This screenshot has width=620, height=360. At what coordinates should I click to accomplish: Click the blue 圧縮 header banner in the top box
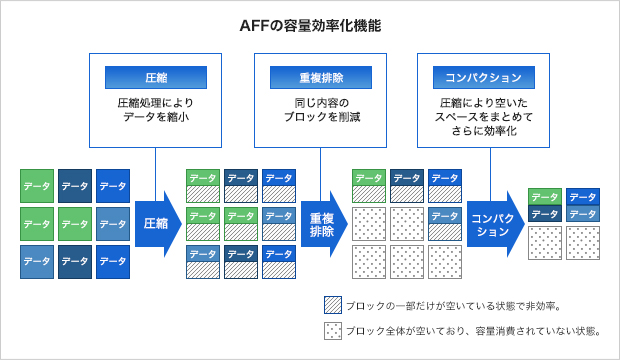[155, 78]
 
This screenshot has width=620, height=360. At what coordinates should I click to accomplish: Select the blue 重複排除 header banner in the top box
[320, 78]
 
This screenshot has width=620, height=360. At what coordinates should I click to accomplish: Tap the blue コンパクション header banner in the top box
[484, 78]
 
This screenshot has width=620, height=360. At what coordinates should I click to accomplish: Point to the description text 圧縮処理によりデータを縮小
[155, 109]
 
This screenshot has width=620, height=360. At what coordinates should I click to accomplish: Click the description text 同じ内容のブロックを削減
[320, 109]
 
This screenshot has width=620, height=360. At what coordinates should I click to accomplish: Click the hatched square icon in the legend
[333, 306]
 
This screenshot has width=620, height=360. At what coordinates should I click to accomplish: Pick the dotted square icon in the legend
[333, 331]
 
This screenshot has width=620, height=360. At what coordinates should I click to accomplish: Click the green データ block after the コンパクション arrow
[545, 197]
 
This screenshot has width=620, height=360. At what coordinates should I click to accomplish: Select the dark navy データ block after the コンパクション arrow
[545, 214]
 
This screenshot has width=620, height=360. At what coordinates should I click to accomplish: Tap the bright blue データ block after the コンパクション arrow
[583, 197]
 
